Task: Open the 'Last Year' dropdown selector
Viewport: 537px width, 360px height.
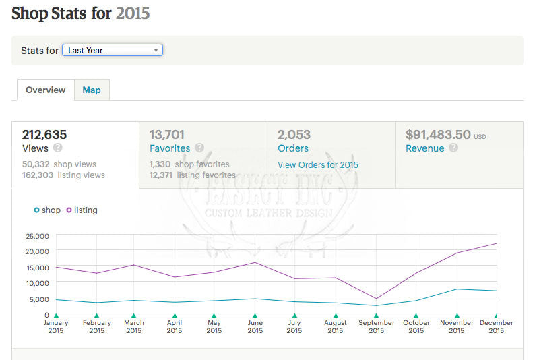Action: click(x=112, y=50)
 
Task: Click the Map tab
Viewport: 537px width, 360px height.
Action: click(x=92, y=90)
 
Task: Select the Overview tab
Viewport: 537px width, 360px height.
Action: click(x=45, y=90)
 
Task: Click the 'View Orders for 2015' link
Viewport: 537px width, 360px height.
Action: click(x=317, y=164)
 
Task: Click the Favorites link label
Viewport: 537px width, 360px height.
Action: click(x=169, y=148)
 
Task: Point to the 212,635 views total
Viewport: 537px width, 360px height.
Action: click(x=44, y=135)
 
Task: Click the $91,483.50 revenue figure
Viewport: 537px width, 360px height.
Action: click(x=437, y=135)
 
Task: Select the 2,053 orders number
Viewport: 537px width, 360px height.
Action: click(x=294, y=135)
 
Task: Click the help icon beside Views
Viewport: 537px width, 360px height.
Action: click(x=58, y=148)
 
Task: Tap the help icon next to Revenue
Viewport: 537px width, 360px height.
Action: click(x=453, y=148)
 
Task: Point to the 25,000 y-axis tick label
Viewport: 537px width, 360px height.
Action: click(x=37, y=236)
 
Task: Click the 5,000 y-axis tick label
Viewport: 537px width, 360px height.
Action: click(x=39, y=299)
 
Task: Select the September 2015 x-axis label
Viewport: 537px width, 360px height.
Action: click(x=376, y=326)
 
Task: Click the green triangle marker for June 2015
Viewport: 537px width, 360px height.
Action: click(x=255, y=315)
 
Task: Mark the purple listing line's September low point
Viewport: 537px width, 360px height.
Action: click(x=376, y=299)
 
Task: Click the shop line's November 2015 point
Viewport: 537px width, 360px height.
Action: click(x=457, y=289)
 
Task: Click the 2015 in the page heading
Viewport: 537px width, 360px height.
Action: click(x=133, y=13)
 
